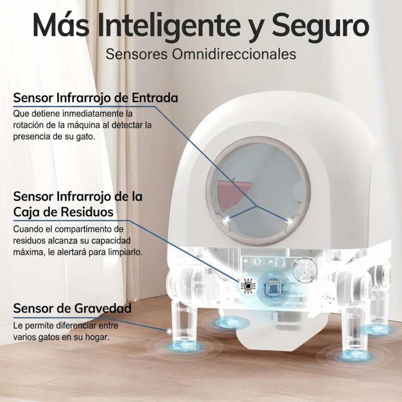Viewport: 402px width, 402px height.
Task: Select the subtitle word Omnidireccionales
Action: tap(234, 54)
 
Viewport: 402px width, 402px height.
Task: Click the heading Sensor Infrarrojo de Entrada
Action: tap(95, 98)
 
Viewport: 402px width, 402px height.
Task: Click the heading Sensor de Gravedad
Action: tap(72, 308)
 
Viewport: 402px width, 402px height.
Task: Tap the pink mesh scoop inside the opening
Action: tap(232, 193)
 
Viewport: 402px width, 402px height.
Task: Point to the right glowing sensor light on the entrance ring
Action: tap(290, 220)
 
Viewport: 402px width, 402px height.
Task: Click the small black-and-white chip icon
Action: tap(248, 285)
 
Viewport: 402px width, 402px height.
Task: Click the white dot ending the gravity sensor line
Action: tap(169, 331)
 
